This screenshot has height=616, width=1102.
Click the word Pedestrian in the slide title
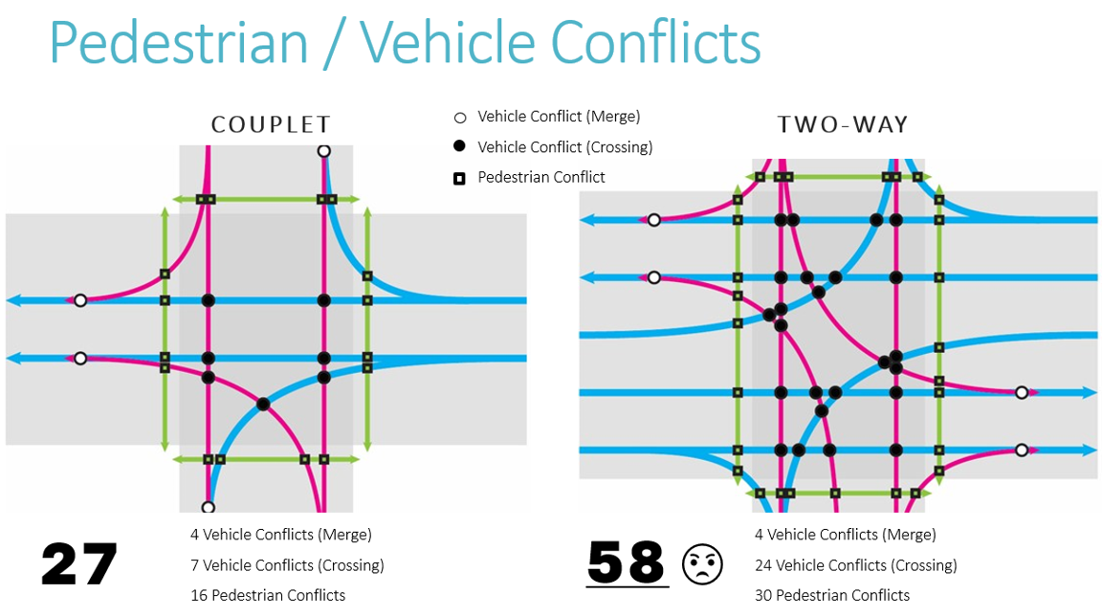pos(179,42)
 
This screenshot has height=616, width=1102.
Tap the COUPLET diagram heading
pos(271,124)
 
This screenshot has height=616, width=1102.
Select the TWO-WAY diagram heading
pos(843,124)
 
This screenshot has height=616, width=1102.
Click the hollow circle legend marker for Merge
pos(459,118)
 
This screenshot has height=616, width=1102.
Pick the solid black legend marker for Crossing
pos(459,147)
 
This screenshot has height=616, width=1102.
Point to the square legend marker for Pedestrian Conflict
pos(459,178)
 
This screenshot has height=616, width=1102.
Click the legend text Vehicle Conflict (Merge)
pos(559,117)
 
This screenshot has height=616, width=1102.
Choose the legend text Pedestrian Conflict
pos(541,177)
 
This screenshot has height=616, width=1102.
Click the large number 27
pos(79,563)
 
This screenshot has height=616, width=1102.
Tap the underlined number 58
pos(626,562)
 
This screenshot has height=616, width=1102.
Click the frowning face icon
pos(703,563)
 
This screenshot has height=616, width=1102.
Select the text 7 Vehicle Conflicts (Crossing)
pos(287,565)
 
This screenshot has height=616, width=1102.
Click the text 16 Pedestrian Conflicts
pos(268,595)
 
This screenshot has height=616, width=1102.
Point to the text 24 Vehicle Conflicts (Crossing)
pos(855,565)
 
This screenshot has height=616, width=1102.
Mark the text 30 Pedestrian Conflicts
pos(832,595)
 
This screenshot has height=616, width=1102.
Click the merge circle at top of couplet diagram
pos(324,151)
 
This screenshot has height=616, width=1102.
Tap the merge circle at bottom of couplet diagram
pos(208,507)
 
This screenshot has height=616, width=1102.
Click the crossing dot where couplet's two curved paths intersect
pos(263,404)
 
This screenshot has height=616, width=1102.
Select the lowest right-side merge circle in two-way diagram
pos(1022,450)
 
